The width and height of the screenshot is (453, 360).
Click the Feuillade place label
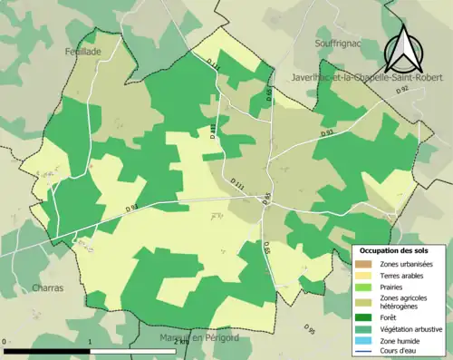tap(82, 53)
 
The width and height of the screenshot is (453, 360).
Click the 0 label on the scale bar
tap(5, 343)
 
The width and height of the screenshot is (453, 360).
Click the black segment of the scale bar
tap(49, 350)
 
